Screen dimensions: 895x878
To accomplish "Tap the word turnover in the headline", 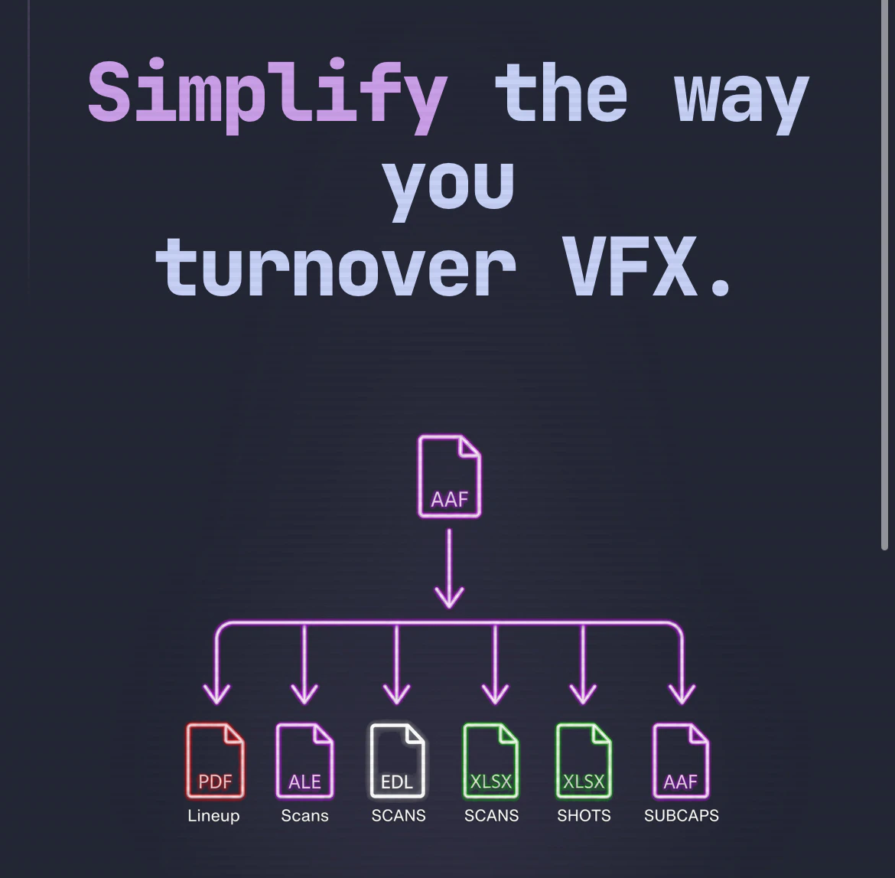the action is tap(336, 267).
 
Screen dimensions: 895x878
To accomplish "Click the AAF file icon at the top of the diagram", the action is tap(449, 476).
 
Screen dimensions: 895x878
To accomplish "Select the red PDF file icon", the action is tap(215, 760).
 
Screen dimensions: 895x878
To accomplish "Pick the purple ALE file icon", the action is tap(304, 760).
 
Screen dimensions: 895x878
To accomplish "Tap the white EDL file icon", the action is tap(397, 760).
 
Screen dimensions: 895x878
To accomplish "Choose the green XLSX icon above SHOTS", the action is tap(584, 760).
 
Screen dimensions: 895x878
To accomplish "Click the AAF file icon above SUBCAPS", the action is tap(681, 760).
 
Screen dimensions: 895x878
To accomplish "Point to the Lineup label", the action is tap(213, 816).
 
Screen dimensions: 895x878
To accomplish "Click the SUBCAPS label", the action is tap(681, 815).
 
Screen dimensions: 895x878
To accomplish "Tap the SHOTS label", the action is tap(584, 815).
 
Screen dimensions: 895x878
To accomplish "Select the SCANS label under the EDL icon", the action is tap(399, 815).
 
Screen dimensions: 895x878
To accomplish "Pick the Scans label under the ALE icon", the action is tap(304, 815).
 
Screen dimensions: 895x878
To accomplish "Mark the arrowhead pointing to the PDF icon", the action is tap(217, 696).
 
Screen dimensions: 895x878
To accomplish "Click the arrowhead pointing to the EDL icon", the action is tap(397, 696).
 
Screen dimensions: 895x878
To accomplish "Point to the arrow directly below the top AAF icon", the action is tap(449, 569).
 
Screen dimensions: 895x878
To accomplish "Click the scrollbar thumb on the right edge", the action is tap(885, 274).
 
